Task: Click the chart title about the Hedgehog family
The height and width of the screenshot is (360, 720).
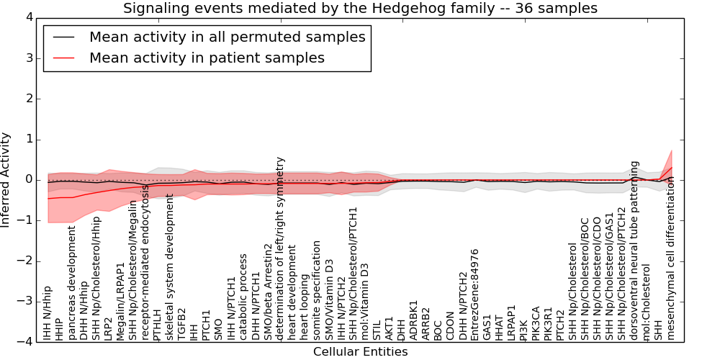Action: click(x=360, y=9)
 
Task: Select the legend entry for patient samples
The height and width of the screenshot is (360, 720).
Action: click(x=207, y=58)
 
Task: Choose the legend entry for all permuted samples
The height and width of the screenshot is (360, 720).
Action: click(x=227, y=37)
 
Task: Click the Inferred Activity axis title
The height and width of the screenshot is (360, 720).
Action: click(x=6, y=179)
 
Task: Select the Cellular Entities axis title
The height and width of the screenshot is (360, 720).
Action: click(x=360, y=351)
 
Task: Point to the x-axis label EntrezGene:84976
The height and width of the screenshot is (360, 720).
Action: click(x=474, y=294)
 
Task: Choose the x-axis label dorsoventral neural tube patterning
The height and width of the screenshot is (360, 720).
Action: click(x=634, y=250)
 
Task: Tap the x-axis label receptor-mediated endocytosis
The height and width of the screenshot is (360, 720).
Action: click(x=145, y=262)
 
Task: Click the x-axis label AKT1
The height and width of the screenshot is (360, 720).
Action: click(x=389, y=328)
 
